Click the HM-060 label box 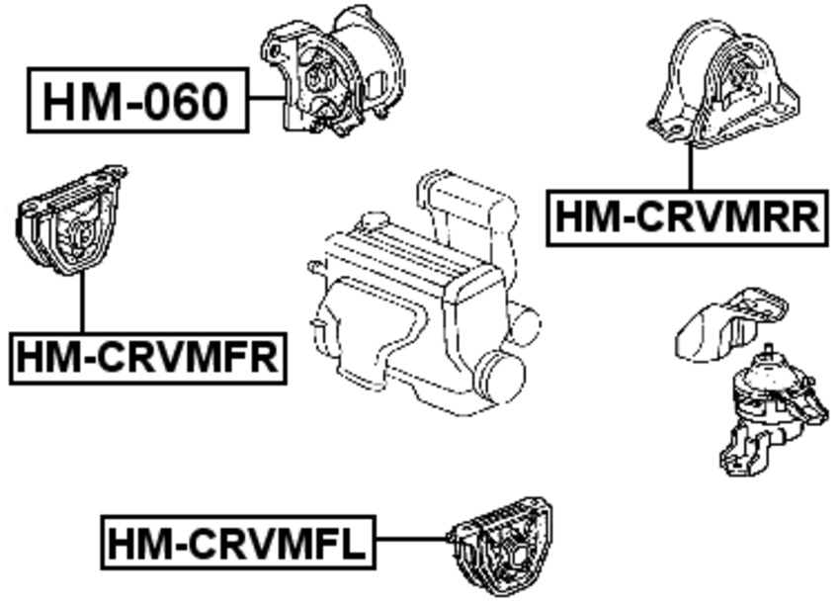coord(136,100)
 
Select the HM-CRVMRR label coord(686,216)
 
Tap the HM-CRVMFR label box coord(147,357)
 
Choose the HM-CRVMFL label coord(236,541)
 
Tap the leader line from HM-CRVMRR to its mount coord(690,168)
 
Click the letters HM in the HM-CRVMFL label coord(133,541)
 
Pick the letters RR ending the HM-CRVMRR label coord(791,216)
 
